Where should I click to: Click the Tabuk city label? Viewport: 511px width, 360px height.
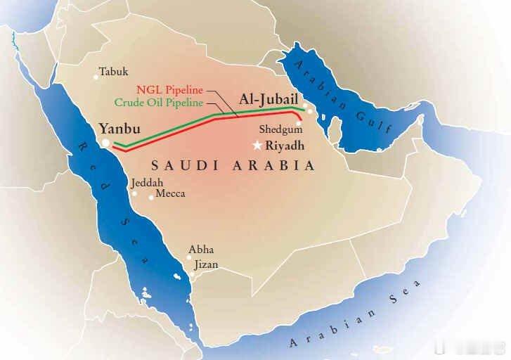click(x=114, y=72)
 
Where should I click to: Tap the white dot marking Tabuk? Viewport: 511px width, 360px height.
click(x=96, y=77)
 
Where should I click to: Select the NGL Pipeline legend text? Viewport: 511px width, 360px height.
click(x=169, y=90)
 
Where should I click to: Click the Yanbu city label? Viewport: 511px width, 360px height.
click(x=119, y=129)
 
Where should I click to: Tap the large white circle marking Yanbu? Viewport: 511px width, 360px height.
click(x=105, y=143)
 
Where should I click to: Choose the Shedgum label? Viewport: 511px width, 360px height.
click(x=280, y=130)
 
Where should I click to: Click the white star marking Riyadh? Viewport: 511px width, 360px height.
click(x=258, y=146)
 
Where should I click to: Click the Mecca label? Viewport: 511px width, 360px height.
click(x=170, y=193)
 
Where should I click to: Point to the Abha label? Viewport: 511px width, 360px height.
click(x=201, y=250)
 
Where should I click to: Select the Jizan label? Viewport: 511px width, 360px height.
click(x=204, y=264)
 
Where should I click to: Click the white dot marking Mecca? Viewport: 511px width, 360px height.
click(x=150, y=197)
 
